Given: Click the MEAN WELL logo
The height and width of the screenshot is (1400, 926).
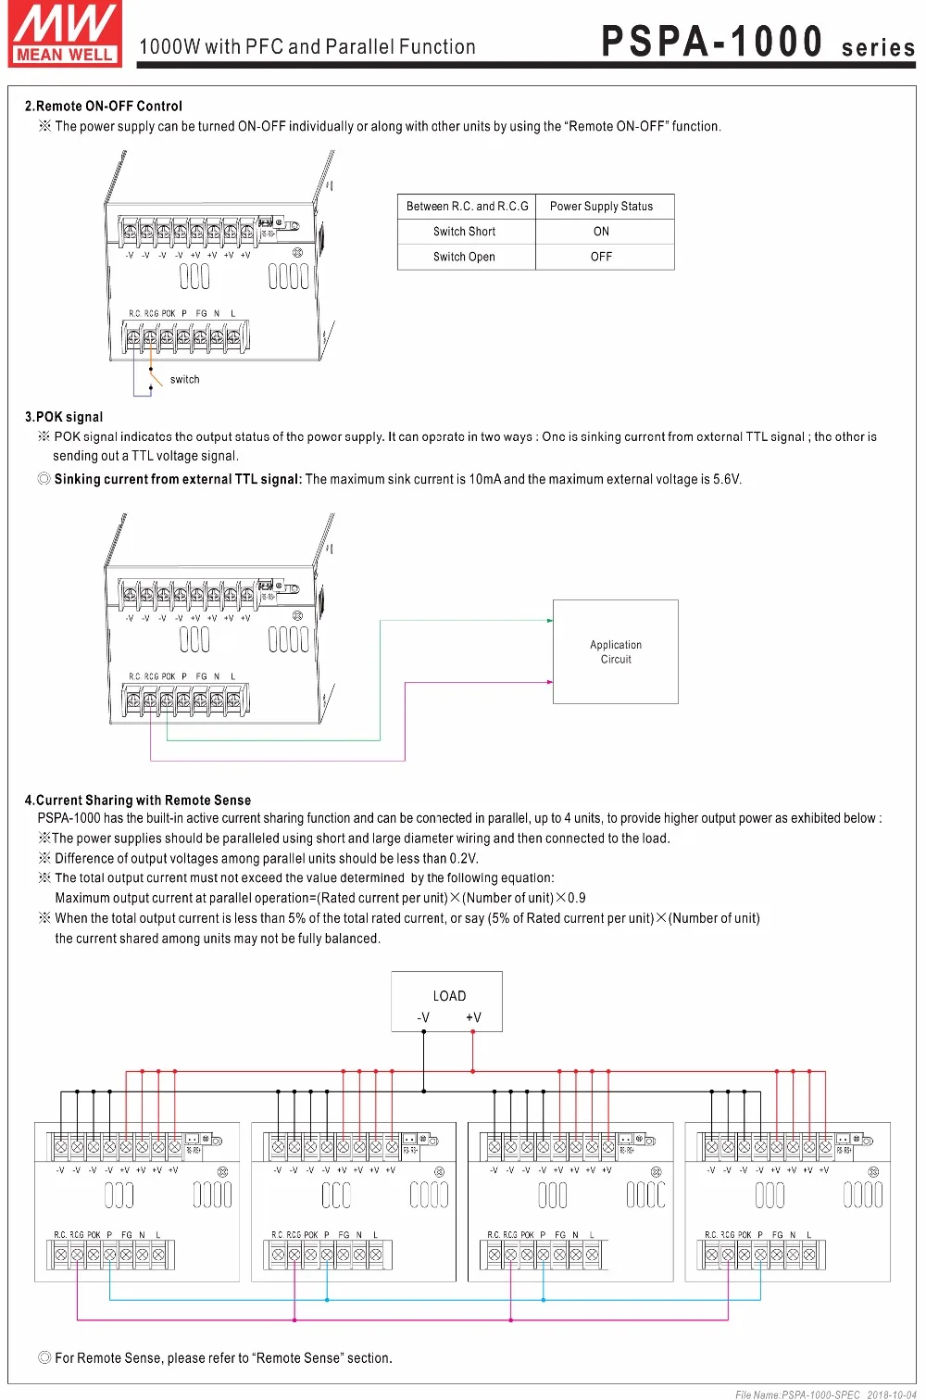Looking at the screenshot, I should (x=65, y=34).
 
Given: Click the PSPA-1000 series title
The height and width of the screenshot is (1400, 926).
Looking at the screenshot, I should (x=757, y=43).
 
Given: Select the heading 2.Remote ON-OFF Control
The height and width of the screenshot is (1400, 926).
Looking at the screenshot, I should (x=104, y=106).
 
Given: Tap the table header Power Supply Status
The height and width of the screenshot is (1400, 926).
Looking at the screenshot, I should (x=601, y=207).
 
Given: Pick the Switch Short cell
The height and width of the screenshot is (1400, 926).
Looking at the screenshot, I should (x=464, y=232).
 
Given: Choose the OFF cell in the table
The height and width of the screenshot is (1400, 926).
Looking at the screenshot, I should (x=601, y=257).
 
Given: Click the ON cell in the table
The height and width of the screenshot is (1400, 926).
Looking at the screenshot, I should (x=601, y=232).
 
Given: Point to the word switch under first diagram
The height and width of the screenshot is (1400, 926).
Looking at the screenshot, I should (x=184, y=379).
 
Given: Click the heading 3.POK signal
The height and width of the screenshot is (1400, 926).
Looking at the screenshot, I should (x=64, y=417).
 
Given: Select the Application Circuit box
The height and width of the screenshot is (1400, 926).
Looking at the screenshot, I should (x=616, y=652).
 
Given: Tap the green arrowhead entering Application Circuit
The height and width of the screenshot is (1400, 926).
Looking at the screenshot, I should (x=549, y=621).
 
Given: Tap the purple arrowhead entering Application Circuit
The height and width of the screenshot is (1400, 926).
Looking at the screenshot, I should (x=549, y=682).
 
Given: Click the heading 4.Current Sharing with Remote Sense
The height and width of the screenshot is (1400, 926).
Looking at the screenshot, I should (x=138, y=800).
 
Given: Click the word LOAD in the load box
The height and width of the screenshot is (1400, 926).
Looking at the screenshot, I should (x=449, y=996).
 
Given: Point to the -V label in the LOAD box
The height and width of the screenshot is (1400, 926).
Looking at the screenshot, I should (x=423, y=1017).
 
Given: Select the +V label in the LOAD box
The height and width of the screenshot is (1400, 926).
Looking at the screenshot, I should (x=473, y=1017).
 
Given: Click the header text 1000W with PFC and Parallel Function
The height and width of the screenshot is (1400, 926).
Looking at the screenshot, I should (x=307, y=47).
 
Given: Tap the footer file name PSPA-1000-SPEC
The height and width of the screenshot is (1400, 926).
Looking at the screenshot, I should (x=797, y=1394).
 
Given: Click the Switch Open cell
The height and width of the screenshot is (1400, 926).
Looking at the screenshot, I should (x=464, y=257).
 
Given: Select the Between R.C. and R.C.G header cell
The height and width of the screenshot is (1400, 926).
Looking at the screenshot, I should (x=467, y=207).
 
